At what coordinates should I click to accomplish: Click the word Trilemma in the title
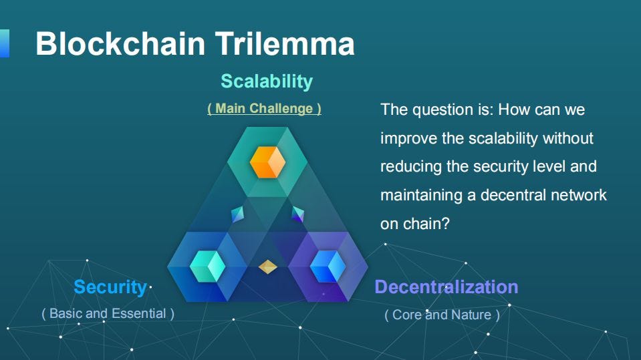click(x=285, y=44)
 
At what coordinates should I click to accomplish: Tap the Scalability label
click(x=267, y=81)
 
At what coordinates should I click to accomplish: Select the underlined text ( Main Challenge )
click(x=264, y=108)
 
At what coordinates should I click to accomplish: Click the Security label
click(x=110, y=287)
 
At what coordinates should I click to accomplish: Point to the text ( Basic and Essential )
click(x=108, y=313)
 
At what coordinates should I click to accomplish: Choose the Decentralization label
click(x=446, y=287)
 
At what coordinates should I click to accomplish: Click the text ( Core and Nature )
click(x=442, y=315)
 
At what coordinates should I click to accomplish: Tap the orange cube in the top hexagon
click(x=267, y=162)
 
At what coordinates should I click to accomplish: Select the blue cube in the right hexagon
click(x=327, y=266)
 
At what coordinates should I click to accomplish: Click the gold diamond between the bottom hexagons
click(x=267, y=267)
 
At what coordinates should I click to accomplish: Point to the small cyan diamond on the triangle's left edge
click(x=237, y=214)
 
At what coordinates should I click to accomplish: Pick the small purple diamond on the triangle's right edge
click(x=297, y=214)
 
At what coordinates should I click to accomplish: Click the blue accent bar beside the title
click(x=4, y=43)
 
